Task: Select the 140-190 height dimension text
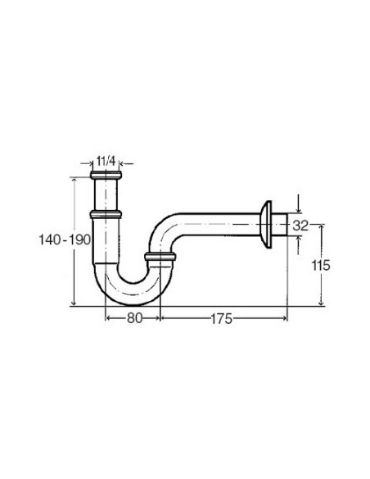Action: pos(65,239)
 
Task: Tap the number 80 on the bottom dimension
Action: pos(133,318)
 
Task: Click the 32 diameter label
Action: pos(300,225)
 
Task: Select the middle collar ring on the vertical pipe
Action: pos(107,214)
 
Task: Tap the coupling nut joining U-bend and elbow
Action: pos(160,260)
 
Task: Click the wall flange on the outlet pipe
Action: pos(265,222)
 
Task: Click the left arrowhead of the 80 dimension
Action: pos(107,318)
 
